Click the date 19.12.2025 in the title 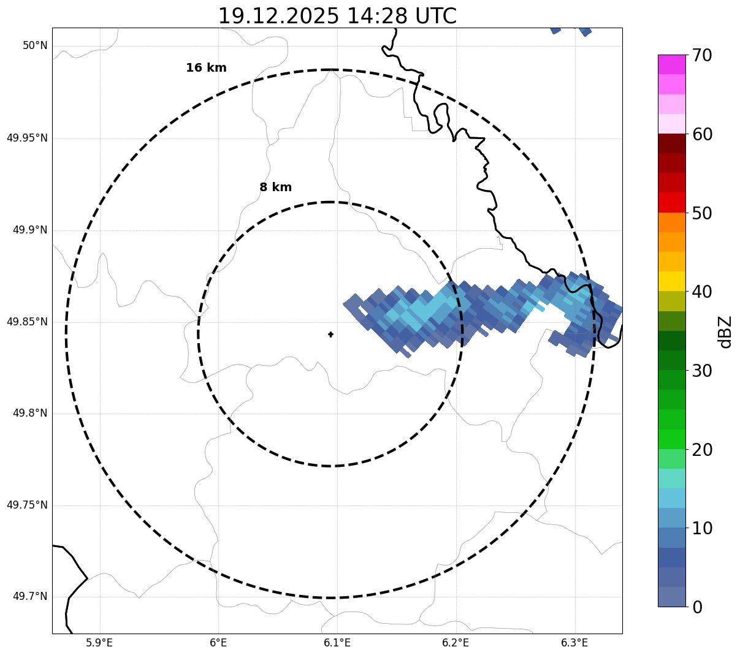(278, 17)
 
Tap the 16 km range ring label (206, 68)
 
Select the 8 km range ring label (275, 187)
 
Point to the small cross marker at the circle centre (331, 335)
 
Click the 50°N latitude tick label (35, 46)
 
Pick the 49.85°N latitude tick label (27, 322)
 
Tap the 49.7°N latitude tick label (30, 597)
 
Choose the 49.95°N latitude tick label (27, 138)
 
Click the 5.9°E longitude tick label (99, 643)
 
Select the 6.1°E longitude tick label (337, 643)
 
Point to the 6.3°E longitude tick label (574, 643)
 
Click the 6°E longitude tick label (218, 643)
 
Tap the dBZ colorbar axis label (725, 332)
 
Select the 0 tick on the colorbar (698, 607)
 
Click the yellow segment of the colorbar (671, 281)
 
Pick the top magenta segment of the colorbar (671, 64)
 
